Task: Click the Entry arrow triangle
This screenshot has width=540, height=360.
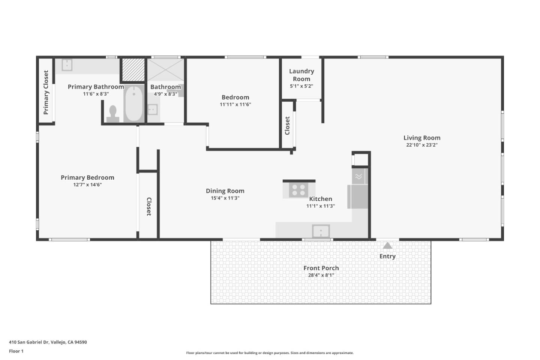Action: tap(387, 246)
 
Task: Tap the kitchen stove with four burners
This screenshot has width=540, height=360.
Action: tap(298, 190)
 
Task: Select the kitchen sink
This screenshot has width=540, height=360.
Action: tap(321, 231)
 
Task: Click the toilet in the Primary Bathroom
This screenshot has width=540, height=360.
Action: tap(112, 114)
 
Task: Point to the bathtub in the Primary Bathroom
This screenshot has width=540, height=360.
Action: tap(133, 103)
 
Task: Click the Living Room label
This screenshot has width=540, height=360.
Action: tap(422, 138)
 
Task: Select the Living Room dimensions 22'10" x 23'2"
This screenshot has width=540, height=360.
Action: tap(422, 145)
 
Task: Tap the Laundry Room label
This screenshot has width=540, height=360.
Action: tap(301, 75)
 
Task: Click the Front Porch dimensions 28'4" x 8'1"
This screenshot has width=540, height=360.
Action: tap(321, 275)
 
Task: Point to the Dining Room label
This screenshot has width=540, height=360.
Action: tap(225, 191)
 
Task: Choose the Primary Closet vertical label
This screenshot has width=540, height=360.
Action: tap(46, 92)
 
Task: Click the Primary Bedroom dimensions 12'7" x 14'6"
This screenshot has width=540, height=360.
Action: tap(87, 184)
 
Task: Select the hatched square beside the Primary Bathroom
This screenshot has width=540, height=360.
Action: tap(133, 69)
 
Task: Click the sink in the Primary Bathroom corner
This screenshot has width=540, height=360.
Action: tap(67, 64)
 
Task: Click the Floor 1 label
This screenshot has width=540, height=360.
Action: tap(16, 351)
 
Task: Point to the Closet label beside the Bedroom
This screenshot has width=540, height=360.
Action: tap(287, 126)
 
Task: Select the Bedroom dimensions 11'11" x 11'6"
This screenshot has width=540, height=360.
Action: tap(235, 105)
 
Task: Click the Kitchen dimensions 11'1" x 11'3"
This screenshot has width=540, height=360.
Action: tap(321, 206)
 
